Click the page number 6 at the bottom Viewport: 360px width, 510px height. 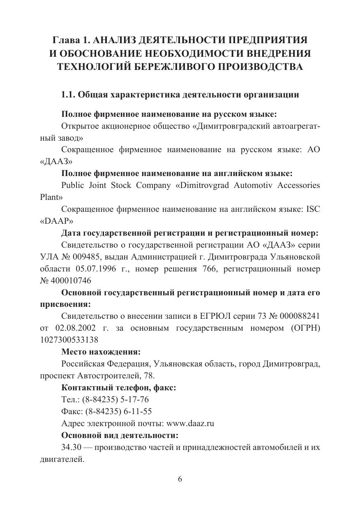pos(180,479)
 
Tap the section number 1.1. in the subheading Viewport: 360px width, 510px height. pos(68,95)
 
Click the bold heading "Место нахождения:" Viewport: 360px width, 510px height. pos(101,352)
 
